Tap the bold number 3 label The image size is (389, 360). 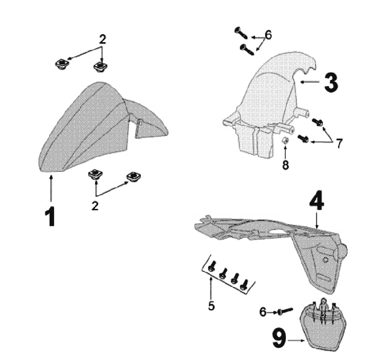pyautogui.click(x=331, y=82)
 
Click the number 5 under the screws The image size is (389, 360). pyautogui.click(x=212, y=306)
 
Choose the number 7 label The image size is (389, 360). pyautogui.click(x=339, y=143)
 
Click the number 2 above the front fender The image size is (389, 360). pyautogui.click(x=102, y=39)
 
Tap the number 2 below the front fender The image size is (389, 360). pyautogui.click(x=95, y=205)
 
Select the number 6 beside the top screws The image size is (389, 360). pyautogui.click(x=268, y=35)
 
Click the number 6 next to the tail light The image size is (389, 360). pyautogui.click(x=263, y=312)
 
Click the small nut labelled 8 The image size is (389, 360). pyautogui.click(x=285, y=143)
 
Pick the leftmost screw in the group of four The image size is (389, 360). pyautogui.click(x=212, y=266)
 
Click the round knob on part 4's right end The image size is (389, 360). pyautogui.click(x=341, y=251)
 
